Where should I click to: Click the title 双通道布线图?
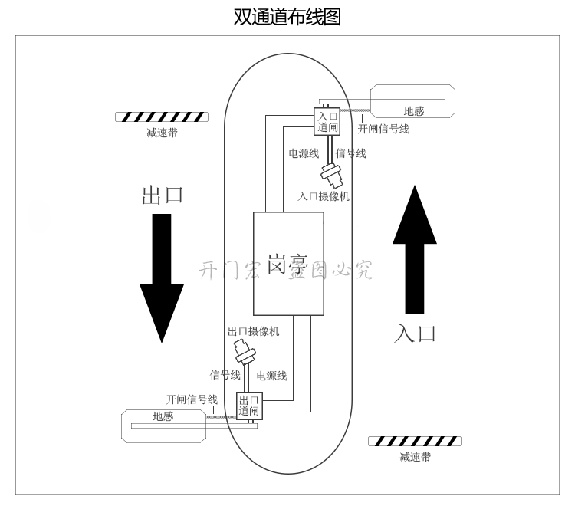coord(287,17)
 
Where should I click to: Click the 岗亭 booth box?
coord(288,265)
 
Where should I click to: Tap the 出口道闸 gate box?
coord(249,406)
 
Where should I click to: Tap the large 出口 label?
coord(163,195)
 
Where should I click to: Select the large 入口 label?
coord(415,333)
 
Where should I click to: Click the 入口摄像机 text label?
coord(324,196)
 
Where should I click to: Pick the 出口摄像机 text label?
coord(254,331)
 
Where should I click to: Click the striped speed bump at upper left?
coord(161,117)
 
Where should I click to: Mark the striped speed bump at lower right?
coord(415,441)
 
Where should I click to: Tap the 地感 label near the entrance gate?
coord(414,111)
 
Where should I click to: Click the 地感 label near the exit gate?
coord(163,416)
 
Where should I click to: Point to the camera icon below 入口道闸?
coord(333,176)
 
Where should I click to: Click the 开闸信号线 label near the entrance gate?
coord(383,129)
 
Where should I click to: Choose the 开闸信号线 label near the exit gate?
coord(192,399)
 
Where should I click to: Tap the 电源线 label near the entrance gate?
coord(304,153)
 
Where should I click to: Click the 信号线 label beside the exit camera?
coord(225,375)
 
